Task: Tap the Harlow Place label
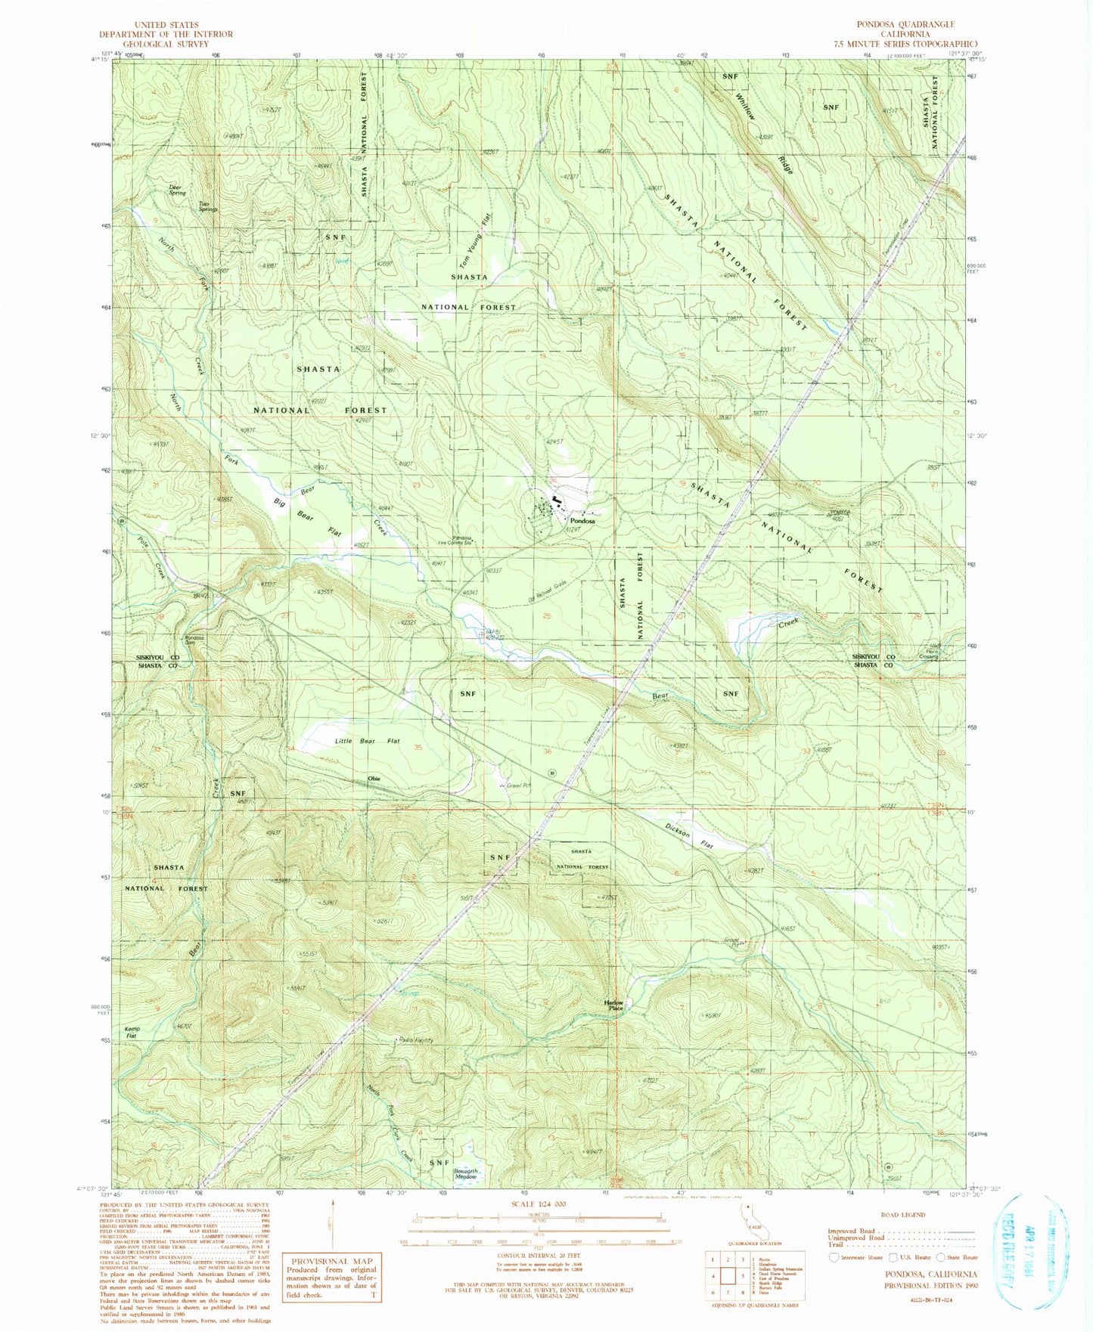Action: click(x=614, y=1005)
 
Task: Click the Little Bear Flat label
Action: click(x=367, y=742)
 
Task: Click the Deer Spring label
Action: click(x=176, y=191)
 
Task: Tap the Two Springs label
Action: click(x=207, y=206)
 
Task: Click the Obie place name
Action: click(x=374, y=779)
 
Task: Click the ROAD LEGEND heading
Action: click(x=902, y=1215)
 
